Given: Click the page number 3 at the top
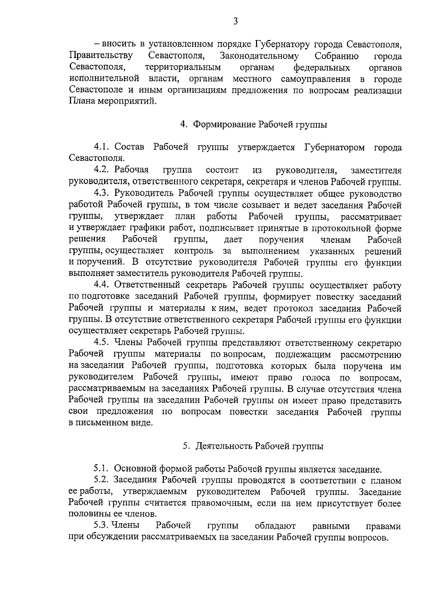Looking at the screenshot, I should pyautogui.click(x=235, y=22).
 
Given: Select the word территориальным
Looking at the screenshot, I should pyautogui.click(x=183, y=68).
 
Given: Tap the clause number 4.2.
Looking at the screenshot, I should pyautogui.click(x=103, y=171).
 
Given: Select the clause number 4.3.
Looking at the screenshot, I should pyautogui.click(x=103, y=193).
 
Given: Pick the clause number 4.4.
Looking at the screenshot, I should pyautogui.click(x=103, y=285).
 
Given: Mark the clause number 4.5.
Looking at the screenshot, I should pyautogui.click(x=103, y=342).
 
